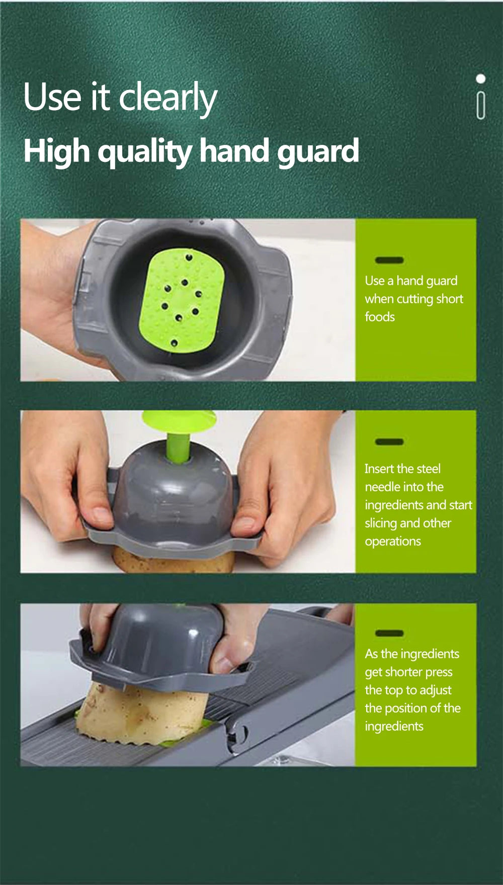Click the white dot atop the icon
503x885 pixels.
pyautogui.click(x=481, y=79)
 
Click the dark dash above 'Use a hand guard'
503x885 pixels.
pyautogui.click(x=389, y=260)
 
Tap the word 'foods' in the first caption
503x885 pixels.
pyautogui.click(x=380, y=317)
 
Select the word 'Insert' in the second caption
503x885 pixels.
pyautogui.click(x=379, y=469)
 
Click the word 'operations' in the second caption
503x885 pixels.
pyautogui.click(x=393, y=541)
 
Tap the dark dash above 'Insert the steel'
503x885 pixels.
pyautogui.click(x=389, y=441)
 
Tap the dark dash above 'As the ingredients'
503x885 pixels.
pyautogui.click(x=389, y=633)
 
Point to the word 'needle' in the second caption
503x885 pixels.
pyautogui.click(x=382, y=487)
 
